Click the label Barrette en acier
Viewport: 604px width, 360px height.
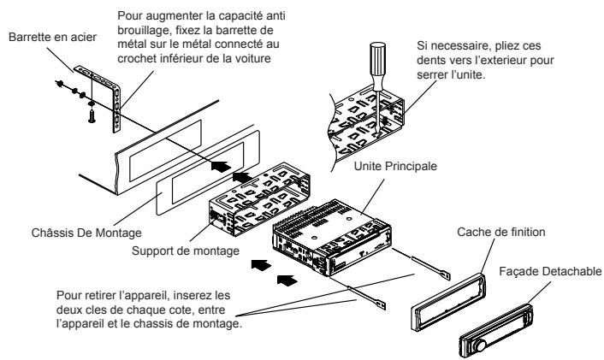tap(52, 37)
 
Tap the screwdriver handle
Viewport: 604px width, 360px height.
tap(377, 61)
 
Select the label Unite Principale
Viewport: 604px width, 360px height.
tap(395, 166)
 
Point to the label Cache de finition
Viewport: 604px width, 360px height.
tap(501, 232)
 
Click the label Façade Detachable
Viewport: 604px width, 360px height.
tap(550, 271)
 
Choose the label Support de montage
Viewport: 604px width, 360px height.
tap(186, 251)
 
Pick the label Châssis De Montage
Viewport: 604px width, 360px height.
tap(86, 233)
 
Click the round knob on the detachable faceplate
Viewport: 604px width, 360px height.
tap(480, 345)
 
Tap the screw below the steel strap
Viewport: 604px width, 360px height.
tap(92, 115)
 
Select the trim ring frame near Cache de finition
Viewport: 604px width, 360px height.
tap(448, 302)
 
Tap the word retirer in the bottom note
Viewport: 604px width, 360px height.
tap(99, 295)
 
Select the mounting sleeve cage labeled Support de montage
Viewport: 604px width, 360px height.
tap(259, 199)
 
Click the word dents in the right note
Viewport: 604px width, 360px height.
tap(432, 60)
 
